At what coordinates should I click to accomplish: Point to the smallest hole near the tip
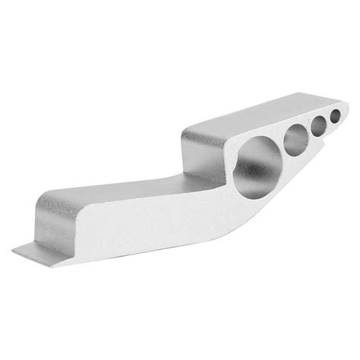pos(335,118)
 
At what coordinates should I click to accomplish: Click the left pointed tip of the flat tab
pos(15,249)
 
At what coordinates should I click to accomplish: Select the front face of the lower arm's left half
pos(114,228)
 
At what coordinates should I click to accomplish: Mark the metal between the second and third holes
pos(308,134)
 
